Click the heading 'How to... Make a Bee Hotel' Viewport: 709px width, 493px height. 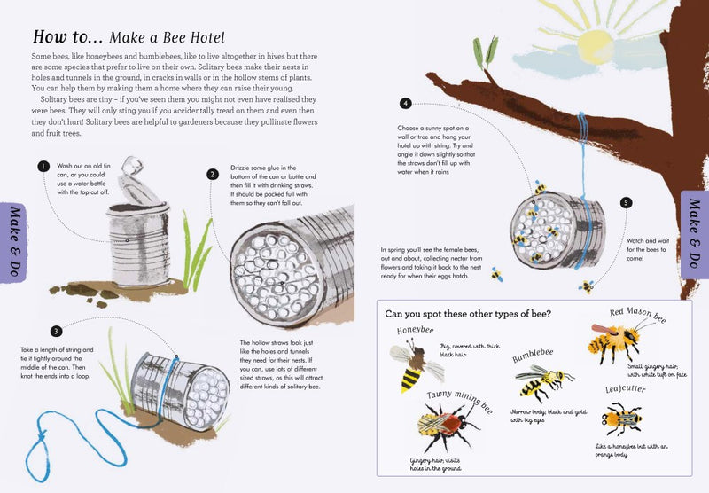(129, 37)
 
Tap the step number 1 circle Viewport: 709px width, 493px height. (42, 166)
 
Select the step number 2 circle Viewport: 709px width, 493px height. (213, 175)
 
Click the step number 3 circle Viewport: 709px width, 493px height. (56, 332)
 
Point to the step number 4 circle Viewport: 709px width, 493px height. (406, 104)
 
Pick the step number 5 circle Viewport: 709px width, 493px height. (627, 203)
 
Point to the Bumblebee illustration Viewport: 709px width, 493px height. (538, 382)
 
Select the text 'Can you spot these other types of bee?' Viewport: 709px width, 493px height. (468, 313)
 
